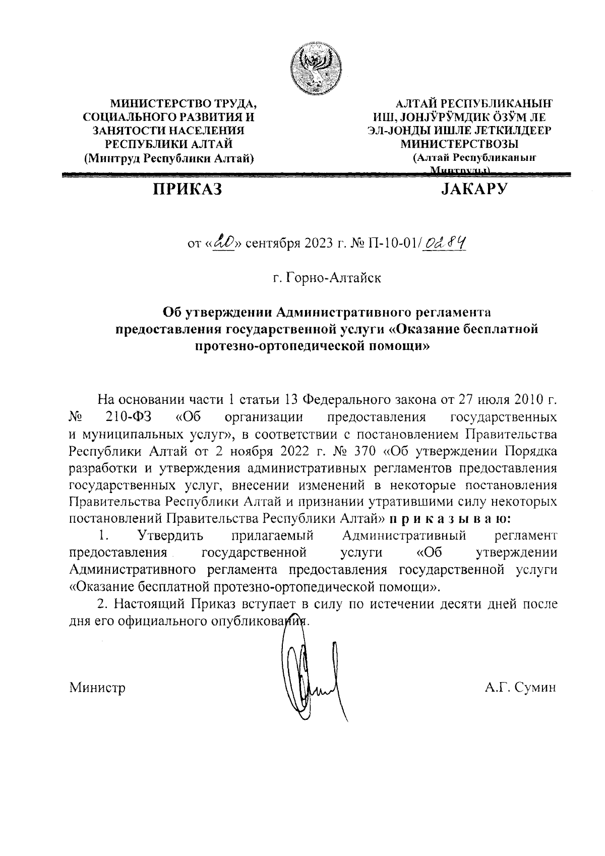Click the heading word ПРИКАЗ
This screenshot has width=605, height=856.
pyautogui.click(x=188, y=190)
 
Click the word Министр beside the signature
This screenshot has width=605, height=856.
pyautogui.click(x=97, y=687)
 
